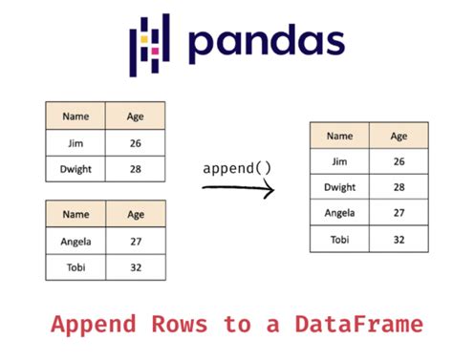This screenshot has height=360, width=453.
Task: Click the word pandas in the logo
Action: pos(267,43)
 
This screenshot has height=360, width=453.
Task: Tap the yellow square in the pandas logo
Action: pos(144,39)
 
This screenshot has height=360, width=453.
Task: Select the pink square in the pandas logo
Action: pos(155,51)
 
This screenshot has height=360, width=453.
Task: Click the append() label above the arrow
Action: pos(237,168)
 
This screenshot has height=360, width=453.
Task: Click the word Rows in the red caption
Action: pos(180,325)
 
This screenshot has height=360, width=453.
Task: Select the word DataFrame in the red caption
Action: pos(359,325)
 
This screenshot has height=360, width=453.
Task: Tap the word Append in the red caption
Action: pos(94,325)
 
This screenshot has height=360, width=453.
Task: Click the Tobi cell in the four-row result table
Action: pos(339,239)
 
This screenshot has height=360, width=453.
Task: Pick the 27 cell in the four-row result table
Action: pos(399,213)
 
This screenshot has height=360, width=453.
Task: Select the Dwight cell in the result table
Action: pos(339,187)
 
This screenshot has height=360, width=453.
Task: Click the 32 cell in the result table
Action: pos(399,239)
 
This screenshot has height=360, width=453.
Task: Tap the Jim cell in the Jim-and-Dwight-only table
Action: pos(75,143)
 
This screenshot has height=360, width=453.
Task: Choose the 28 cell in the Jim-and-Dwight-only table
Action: pos(136,169)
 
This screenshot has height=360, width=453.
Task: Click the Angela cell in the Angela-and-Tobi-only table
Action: pos(75,241)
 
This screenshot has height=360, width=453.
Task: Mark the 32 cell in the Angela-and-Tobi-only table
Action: pos(136,267)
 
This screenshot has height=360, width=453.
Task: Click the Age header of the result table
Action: pos(399,136)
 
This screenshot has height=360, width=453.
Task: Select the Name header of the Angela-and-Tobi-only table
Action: pos(75,214)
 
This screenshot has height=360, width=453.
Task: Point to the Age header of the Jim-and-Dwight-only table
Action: pos(136,116)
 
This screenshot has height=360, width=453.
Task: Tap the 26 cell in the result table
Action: pos(399,161)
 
